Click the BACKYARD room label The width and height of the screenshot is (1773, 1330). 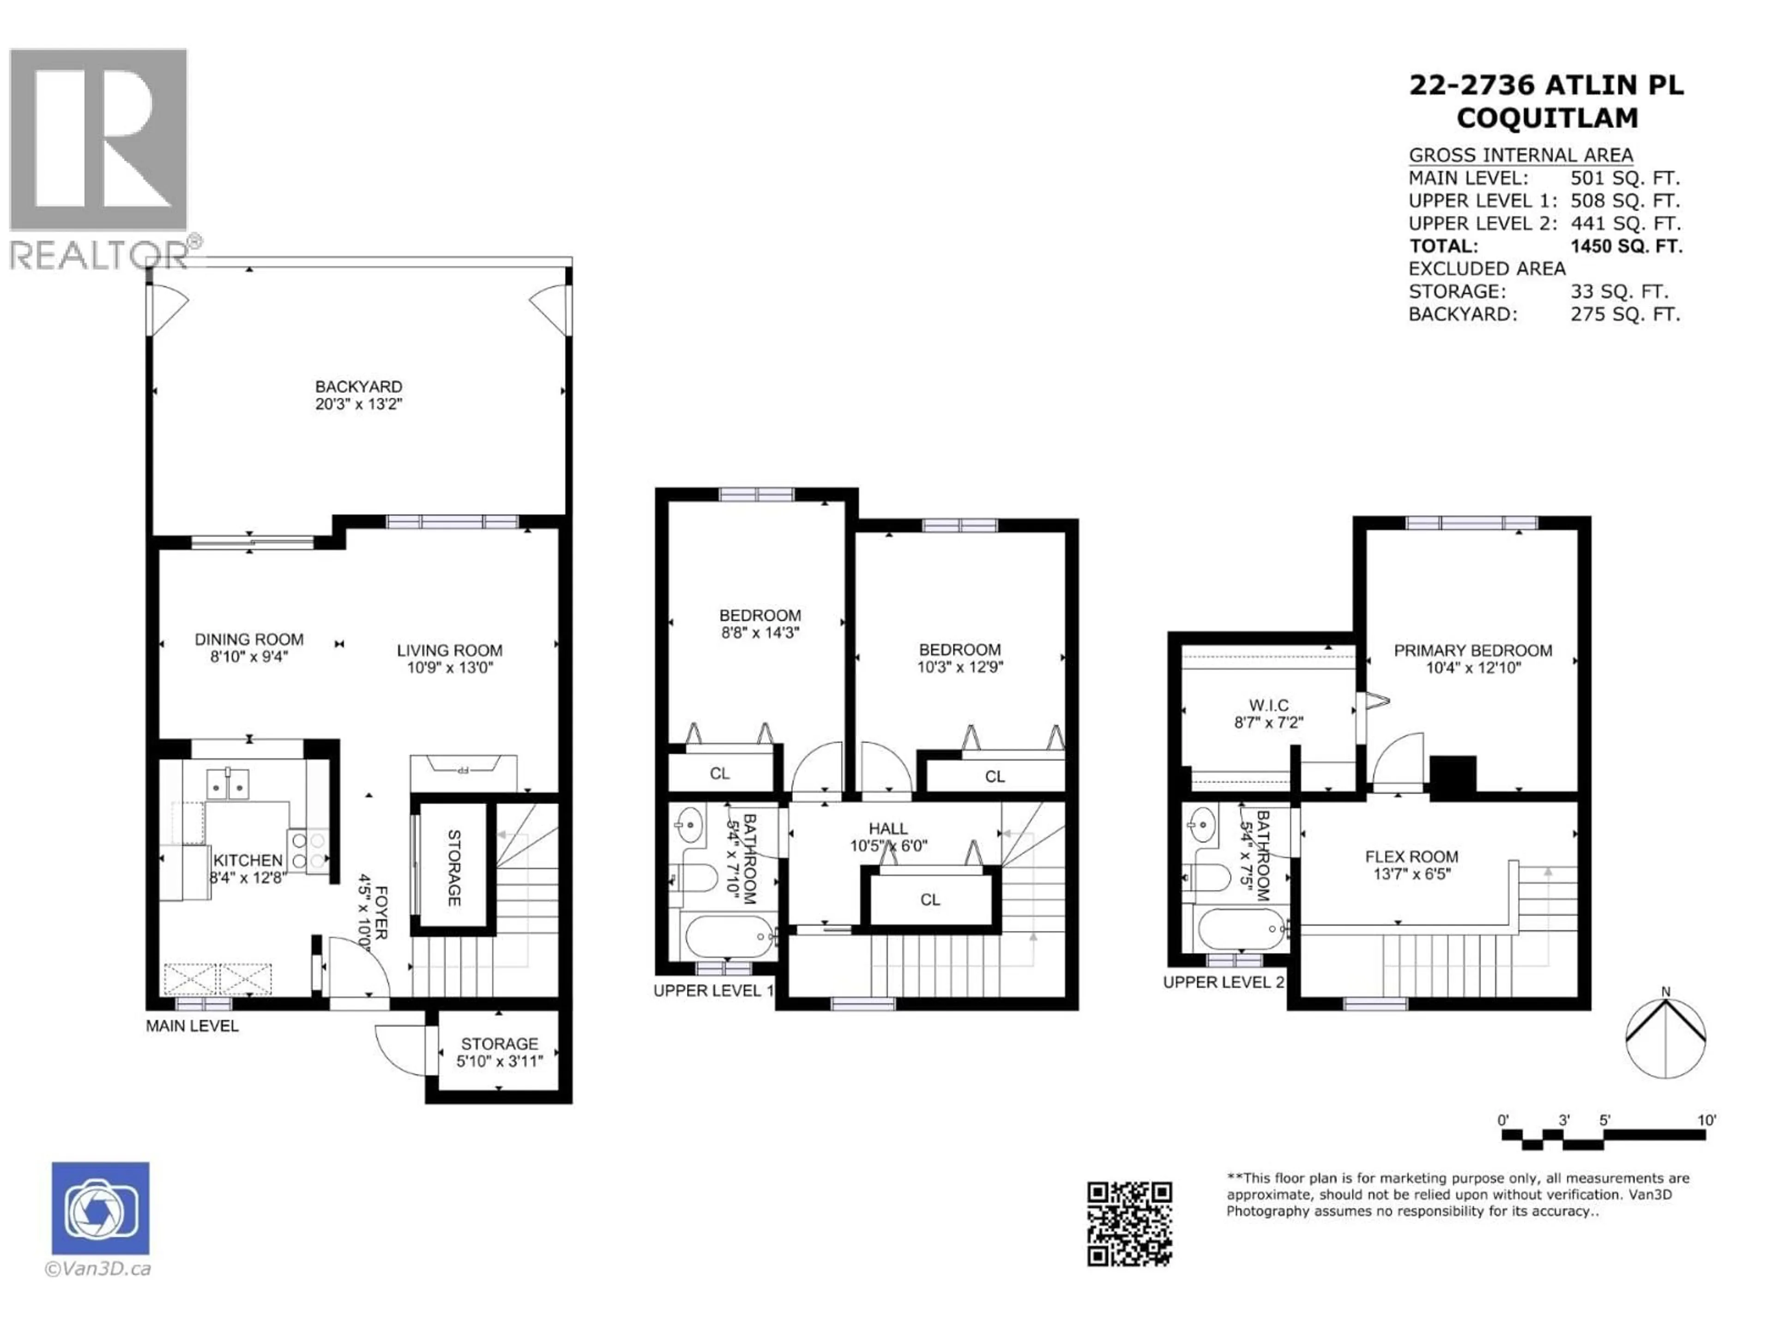(x=358, y=387)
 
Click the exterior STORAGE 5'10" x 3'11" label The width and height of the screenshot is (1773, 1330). (x=500, y=1052)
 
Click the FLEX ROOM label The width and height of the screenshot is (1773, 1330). (x=1411, y=856)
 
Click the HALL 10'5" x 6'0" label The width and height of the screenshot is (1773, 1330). (x=888, y=837)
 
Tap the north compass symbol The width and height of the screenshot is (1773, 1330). (x=1665, y=1038)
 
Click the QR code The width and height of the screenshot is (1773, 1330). (x=1129, y=1223)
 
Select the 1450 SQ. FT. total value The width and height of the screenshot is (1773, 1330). (x=1626, y=246)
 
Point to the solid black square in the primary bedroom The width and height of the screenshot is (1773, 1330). (x=1453, y=777)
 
